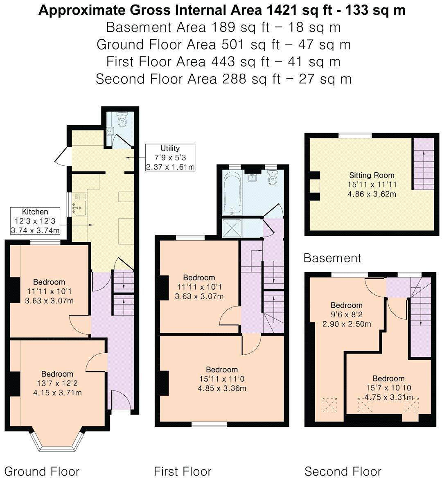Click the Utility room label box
(x=170, y=158)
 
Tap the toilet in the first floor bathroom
(x=272, y=178)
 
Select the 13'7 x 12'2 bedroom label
(x=57, y=383)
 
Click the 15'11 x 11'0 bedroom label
(x=221, y=379)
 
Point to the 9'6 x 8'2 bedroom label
(x=347, y=315)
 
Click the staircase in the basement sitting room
(x=423, y=164)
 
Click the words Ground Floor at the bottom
(x=42, y=471)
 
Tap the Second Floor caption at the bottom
(x=343, y=471)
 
